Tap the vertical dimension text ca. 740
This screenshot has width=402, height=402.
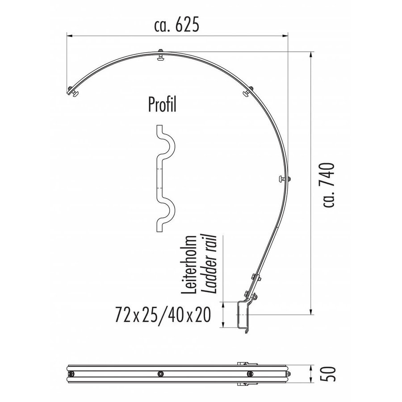328,185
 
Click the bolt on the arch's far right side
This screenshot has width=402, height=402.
284,180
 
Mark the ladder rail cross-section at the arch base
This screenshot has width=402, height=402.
243,316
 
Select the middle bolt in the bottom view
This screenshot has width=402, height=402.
159,373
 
